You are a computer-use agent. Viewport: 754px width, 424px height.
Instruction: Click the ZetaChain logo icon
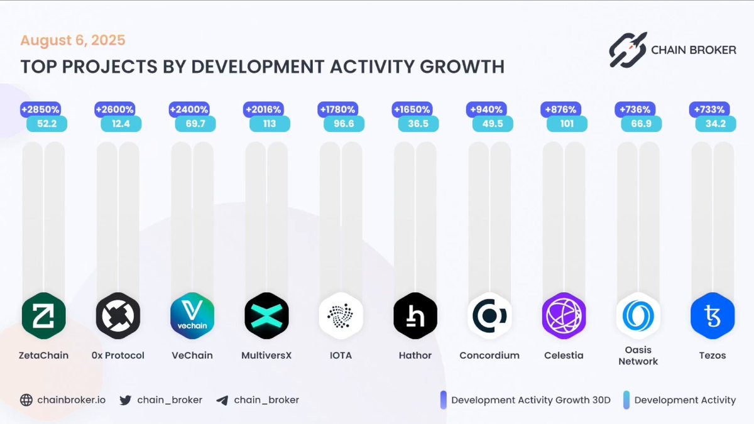click(43, 315)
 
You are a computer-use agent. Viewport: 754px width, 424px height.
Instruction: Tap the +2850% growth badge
click(41, 110)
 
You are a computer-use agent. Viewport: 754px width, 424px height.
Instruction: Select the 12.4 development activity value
click(121, 124)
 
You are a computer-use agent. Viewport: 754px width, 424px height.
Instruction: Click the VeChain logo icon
click(192, 315)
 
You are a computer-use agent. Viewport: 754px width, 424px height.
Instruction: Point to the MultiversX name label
click(266, 356)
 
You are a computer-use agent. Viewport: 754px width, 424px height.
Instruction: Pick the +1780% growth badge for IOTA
click(338, 110)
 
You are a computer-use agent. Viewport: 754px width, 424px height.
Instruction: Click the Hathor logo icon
click(415, 315)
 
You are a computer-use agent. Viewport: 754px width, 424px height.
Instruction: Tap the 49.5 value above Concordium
click(493, 124)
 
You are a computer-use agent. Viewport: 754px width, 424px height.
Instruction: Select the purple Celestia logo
click(564, 315)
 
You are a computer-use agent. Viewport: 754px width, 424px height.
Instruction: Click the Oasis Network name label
click(638, 356)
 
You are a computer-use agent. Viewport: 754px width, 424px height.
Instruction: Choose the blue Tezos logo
click(713, 315)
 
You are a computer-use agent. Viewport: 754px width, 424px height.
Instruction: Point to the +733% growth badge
click(710, 110)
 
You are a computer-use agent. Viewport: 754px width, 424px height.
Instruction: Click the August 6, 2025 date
click(73, 41)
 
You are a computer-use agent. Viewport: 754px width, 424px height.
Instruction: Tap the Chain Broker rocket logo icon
click(627, 50)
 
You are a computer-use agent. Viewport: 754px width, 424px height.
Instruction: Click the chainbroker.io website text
click(71, 400)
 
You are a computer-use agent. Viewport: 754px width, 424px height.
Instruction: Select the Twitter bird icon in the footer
click(126, 400)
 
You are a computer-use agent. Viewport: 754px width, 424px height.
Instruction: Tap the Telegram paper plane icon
click(222, 400)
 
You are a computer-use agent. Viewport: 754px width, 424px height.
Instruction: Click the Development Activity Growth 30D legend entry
click(530, 400)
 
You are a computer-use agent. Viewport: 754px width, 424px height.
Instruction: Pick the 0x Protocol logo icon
click(118, 315)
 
